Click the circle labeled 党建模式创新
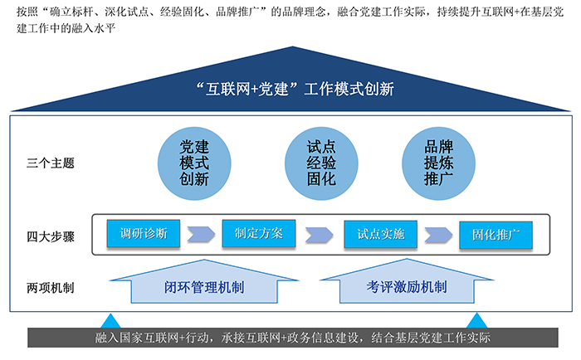tap(194, 163)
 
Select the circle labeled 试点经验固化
tap(321, 163)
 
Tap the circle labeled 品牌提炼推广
tap(438, 163)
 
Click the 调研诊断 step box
tap(144, 233)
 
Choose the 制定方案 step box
tap(259, 233)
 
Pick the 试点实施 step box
tap(380, 234)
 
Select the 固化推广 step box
tap(496, 235)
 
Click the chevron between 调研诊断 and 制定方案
tap(201, 234)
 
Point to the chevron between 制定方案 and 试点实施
tap(319, 235)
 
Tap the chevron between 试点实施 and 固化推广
tap(438, 235)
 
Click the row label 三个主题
tap(51, 163)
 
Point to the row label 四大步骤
tap(51, 236)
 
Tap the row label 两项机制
tap(51, 288)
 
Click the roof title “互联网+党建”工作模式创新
tap(295, 90)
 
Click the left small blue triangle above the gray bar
tap(110, 321)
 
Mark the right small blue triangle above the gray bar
tap(476, 320)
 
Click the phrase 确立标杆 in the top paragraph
tap(71, 12)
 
